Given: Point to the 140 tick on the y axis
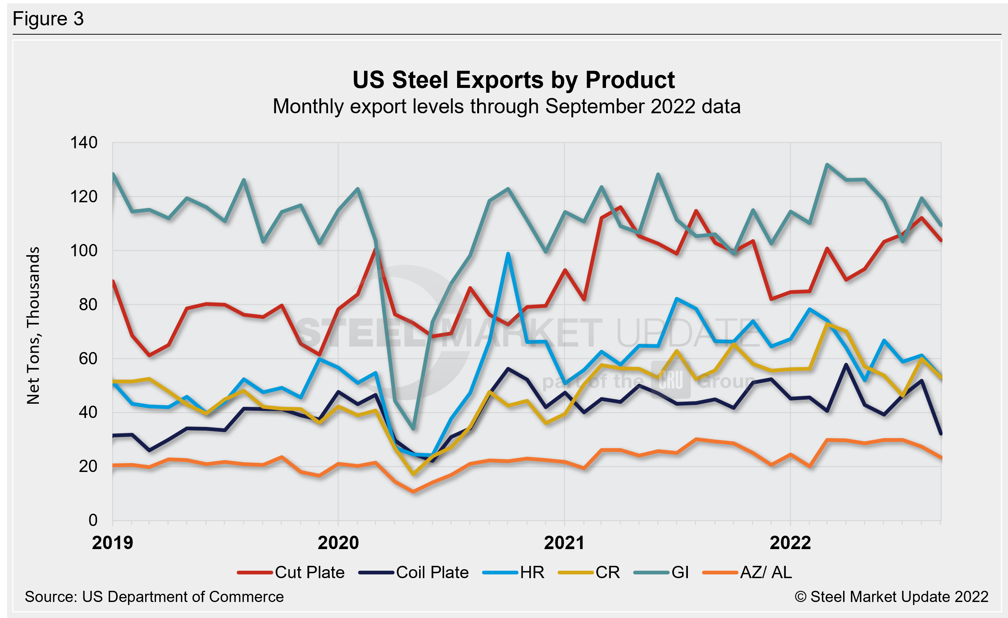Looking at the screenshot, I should [x=84, y=143].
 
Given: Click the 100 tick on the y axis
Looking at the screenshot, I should [x=84, y=250].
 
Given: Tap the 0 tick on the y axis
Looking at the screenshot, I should [x=93, y=520].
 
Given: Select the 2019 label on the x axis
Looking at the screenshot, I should [x=112, y=543].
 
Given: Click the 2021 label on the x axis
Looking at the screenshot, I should [x=564, y=543].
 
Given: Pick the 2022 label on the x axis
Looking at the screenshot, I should [x=790, y=543].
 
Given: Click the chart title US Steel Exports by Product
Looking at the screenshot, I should [x=513, y=80].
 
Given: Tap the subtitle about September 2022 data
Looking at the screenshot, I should [x=507, y=107].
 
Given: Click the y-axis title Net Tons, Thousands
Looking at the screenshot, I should [x=33, y=325].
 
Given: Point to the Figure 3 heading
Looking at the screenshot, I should [x=48, y=19].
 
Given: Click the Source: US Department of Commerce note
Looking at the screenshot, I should [x=154, y=597].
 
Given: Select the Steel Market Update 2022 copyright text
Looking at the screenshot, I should [x=891, y=597].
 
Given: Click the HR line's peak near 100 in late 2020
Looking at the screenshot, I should [x=508, y=254].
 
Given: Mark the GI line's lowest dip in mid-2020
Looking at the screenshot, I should [x=413, y=428].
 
